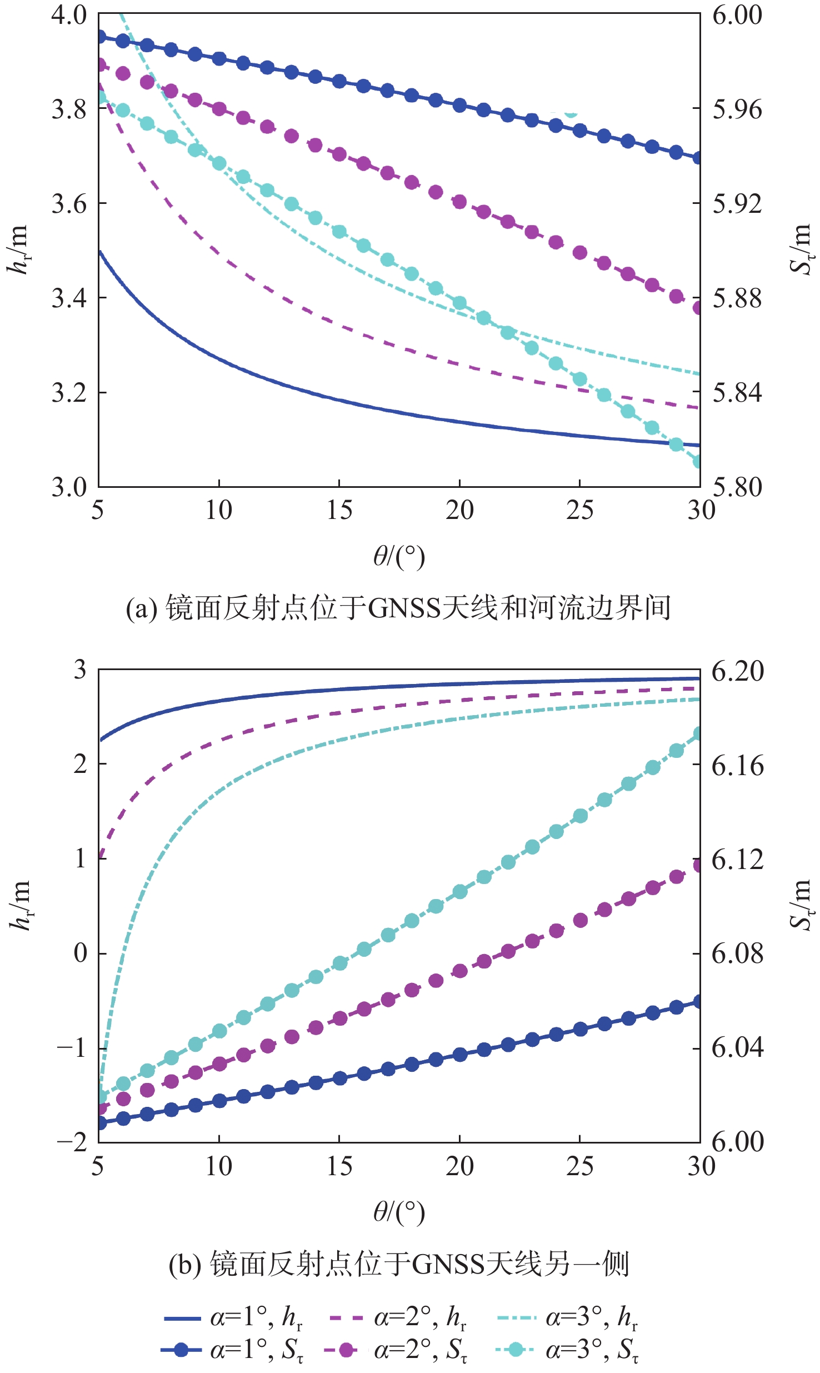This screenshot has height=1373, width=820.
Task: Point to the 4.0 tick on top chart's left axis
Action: point(69,15)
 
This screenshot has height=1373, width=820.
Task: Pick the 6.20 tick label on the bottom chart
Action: point(738,671)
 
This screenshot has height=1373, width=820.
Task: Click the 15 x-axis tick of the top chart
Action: point(339,510)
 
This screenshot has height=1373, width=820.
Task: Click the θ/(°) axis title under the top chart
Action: point(399,556)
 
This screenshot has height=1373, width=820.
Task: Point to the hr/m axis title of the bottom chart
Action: point(20,906)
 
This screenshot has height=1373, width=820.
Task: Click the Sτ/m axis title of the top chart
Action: point(800,250)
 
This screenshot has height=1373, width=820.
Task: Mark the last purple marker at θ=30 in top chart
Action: point(699,307)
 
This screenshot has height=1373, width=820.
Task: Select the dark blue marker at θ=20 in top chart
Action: point(459,105)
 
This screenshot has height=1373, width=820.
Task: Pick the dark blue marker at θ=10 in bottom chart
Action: point(219,1100)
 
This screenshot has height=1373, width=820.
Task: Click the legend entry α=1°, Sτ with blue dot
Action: point(233,1349)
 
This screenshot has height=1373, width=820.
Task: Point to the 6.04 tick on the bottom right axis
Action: point(738,1048)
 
